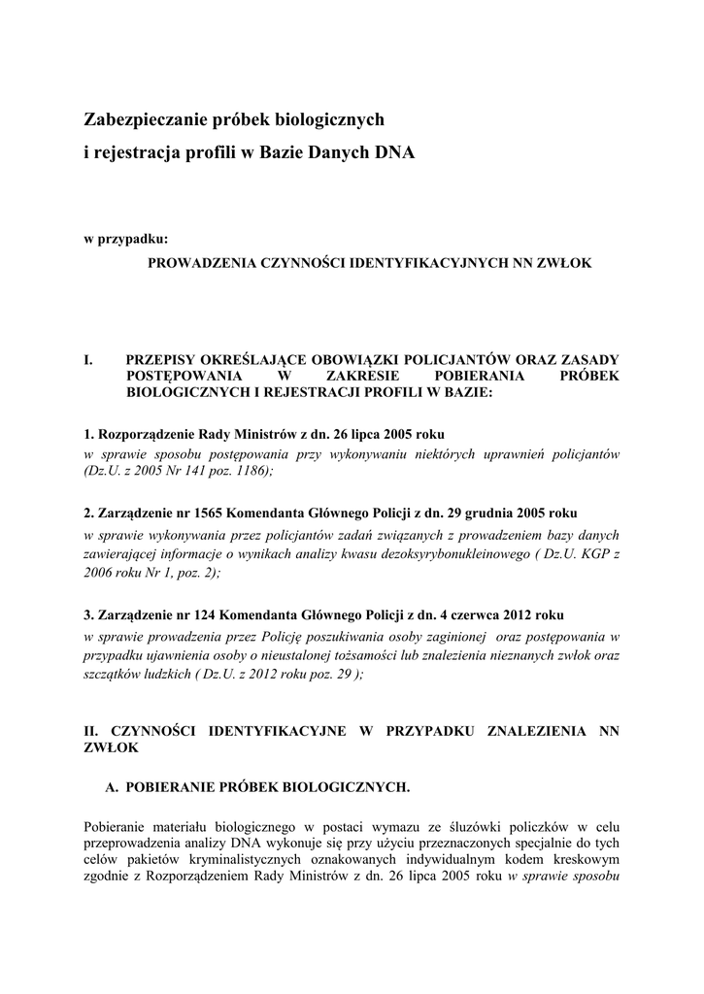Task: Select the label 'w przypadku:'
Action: [x=126, y=238]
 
